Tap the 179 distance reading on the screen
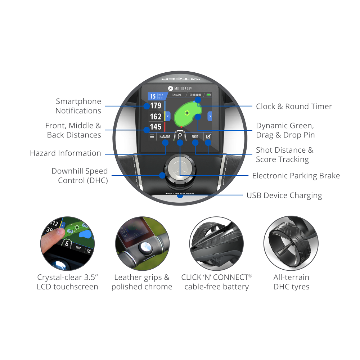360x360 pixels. [156, 106]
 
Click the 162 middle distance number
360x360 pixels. [156, 117]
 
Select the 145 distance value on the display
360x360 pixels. [156, 127]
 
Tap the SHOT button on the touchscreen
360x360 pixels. [195, 137]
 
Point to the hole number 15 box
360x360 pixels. [153, 96]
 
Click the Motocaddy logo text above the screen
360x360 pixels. [180, 88]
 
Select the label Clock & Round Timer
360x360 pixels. [294, 107]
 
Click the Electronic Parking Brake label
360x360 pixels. [296, 176]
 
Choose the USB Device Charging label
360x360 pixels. [284, 195]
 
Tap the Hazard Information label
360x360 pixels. [66, 153]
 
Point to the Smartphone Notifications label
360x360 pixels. [78, 106]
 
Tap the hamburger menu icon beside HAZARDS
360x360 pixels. [152, 137]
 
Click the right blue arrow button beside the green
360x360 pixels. [210, 116]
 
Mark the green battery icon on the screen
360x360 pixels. [209, 95]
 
